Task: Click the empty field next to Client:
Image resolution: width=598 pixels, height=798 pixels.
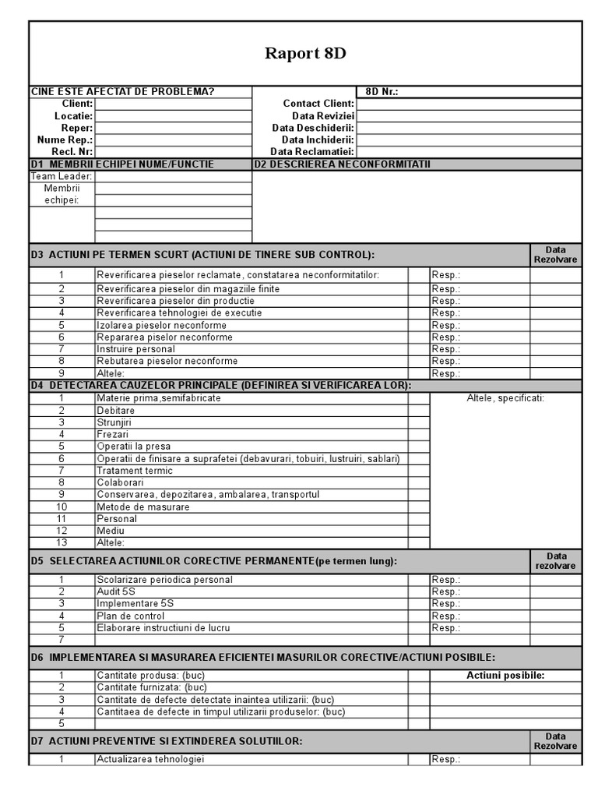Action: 173,104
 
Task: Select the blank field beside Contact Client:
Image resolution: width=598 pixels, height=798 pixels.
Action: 468,104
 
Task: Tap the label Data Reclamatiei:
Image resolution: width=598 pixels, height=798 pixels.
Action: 312,152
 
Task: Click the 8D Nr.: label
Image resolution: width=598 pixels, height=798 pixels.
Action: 382,91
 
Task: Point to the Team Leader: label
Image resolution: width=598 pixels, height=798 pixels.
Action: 62,176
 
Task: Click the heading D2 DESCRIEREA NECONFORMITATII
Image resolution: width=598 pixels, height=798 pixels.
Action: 342,164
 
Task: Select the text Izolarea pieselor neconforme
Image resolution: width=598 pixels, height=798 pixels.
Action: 162,325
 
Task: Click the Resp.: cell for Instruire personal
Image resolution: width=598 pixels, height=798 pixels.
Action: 479,349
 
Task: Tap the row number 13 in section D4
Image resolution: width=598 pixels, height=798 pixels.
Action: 62,542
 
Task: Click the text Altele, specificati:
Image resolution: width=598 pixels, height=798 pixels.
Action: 505,398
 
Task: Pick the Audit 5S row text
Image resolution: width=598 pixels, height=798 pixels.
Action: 116,591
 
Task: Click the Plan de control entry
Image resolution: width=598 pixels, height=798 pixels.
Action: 130,616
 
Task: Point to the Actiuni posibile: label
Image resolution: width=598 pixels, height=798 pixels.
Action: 505,676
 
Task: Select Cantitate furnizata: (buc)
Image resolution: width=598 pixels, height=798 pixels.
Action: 152,687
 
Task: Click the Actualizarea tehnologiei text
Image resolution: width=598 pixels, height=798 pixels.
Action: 150,760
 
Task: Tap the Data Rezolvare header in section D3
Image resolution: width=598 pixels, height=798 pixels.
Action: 555,255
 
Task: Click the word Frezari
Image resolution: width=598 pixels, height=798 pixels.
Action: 113,434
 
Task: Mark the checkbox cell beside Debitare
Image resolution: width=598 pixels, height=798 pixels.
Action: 418,410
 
